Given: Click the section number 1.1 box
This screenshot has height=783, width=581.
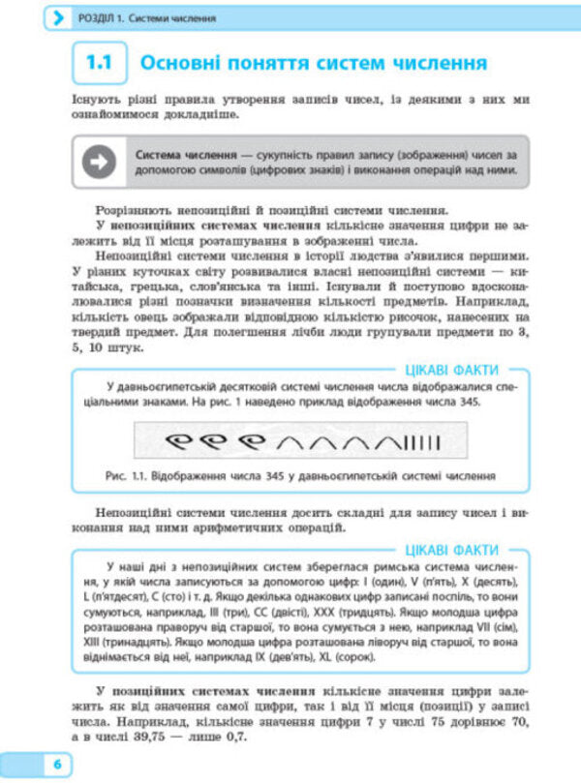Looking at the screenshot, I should click(99, 65).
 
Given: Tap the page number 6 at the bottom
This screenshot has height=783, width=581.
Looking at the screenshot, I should click(57, 765).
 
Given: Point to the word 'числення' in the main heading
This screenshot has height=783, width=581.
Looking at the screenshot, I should click(432, 65).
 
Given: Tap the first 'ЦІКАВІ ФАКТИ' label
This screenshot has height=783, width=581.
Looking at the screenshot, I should click(453, 369).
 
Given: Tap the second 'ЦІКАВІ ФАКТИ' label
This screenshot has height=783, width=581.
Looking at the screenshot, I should click(453, 550).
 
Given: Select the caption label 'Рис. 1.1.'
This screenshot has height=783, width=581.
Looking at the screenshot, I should click(129, 476).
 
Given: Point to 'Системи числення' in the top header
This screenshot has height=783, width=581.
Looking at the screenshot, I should click(171, 18).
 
